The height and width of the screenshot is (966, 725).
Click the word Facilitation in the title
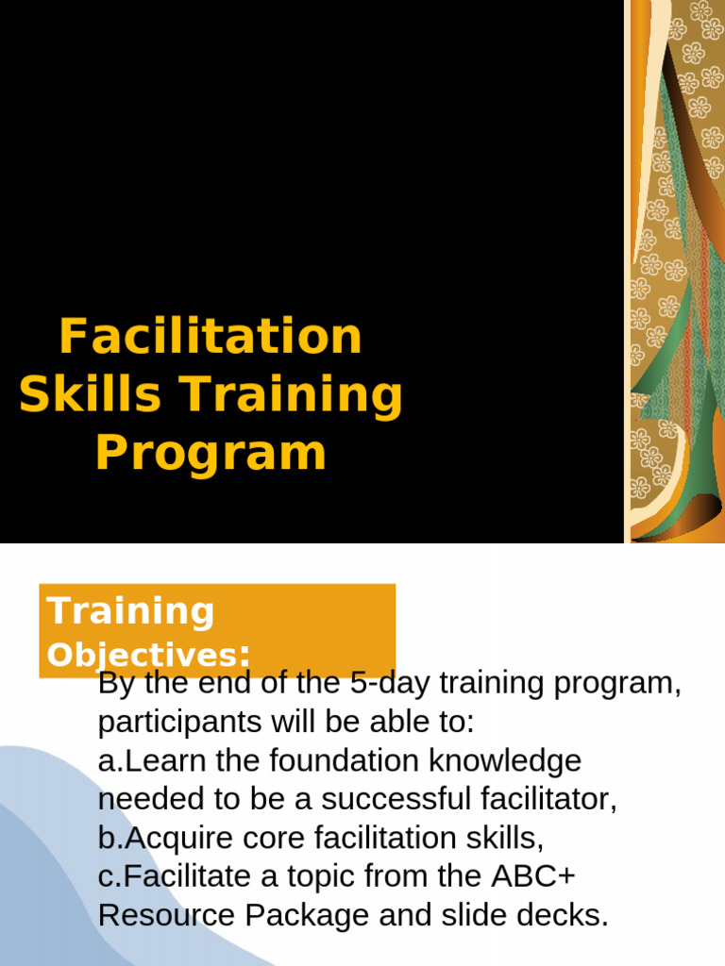point(211,336)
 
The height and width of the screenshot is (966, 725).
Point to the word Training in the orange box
point(131,611)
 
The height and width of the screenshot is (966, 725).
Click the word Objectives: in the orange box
point(149,655)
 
